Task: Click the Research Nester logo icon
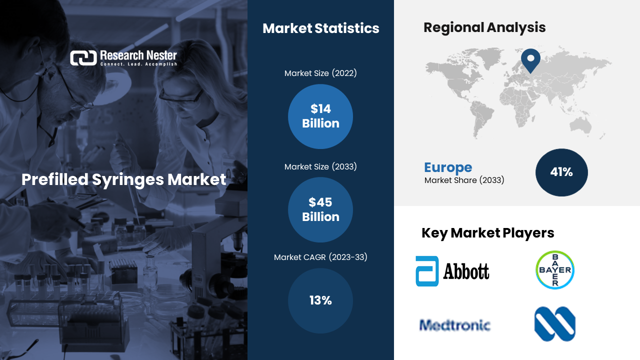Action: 83,58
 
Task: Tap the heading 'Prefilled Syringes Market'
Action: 123,179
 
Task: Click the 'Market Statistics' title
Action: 321,28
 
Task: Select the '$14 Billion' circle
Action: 320,116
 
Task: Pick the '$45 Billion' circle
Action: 320,209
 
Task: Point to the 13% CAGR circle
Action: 320,300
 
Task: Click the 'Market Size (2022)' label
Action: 320,73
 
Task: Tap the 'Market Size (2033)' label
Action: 320,166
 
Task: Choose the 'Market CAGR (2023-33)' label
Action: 320,257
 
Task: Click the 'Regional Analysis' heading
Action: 484,27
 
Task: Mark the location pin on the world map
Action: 530,60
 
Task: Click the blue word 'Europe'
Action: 448,167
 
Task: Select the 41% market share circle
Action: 561,172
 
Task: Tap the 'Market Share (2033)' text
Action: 464,180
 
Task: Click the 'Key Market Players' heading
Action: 487,233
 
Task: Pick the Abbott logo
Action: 452,271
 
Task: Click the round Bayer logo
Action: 555,270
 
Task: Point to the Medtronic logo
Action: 454,325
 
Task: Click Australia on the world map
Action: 580,125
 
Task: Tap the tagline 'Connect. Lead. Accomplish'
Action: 138,64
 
